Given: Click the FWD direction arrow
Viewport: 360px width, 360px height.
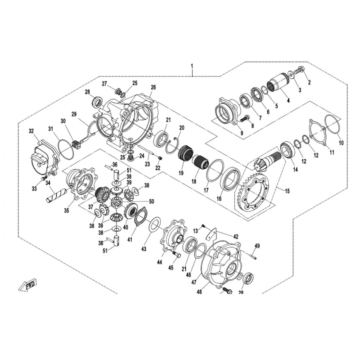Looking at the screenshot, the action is [28, 286].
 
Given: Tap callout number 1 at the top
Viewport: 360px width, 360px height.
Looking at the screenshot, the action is [192, 66].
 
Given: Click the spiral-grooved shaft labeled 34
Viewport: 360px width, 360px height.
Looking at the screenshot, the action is [57, 195].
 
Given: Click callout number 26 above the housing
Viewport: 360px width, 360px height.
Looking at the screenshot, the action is [153, 87].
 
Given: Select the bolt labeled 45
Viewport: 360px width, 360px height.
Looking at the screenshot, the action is [176, 255].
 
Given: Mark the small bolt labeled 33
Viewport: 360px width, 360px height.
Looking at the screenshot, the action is [44, 178].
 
